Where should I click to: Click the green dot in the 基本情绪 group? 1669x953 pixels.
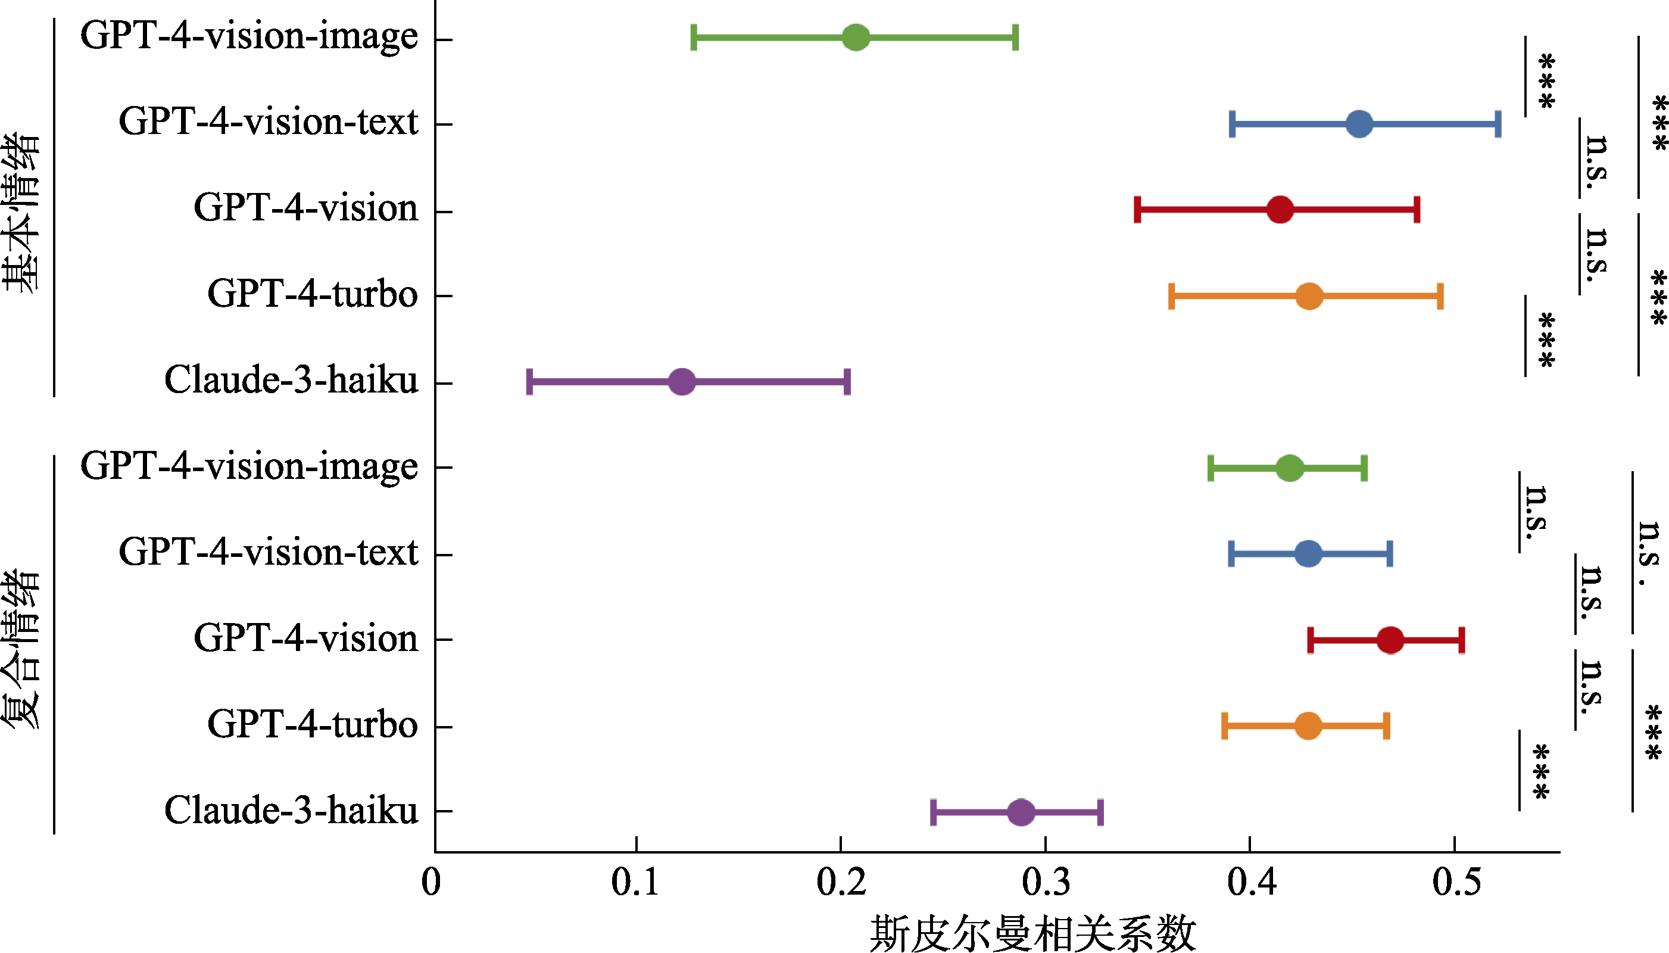855,37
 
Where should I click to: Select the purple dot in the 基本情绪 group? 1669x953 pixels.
682,382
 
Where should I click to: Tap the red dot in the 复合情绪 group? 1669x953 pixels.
1390,640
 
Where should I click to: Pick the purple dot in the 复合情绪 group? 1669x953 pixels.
1021,812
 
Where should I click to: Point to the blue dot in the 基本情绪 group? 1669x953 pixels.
1359,124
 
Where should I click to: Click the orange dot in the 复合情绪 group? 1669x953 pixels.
1308,726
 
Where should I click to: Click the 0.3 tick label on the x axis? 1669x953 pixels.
1046,882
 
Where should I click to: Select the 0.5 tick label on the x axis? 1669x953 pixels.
1456,882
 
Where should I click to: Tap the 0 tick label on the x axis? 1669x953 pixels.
431,882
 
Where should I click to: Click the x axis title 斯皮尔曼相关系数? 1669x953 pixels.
1032,933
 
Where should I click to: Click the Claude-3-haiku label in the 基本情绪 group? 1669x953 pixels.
291,379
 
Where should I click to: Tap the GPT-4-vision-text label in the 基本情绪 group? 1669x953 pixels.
267,122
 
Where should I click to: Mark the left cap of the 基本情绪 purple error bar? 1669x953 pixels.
529,382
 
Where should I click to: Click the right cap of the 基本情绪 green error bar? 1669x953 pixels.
1015,37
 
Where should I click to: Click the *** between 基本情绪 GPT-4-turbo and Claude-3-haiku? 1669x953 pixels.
1546,340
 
